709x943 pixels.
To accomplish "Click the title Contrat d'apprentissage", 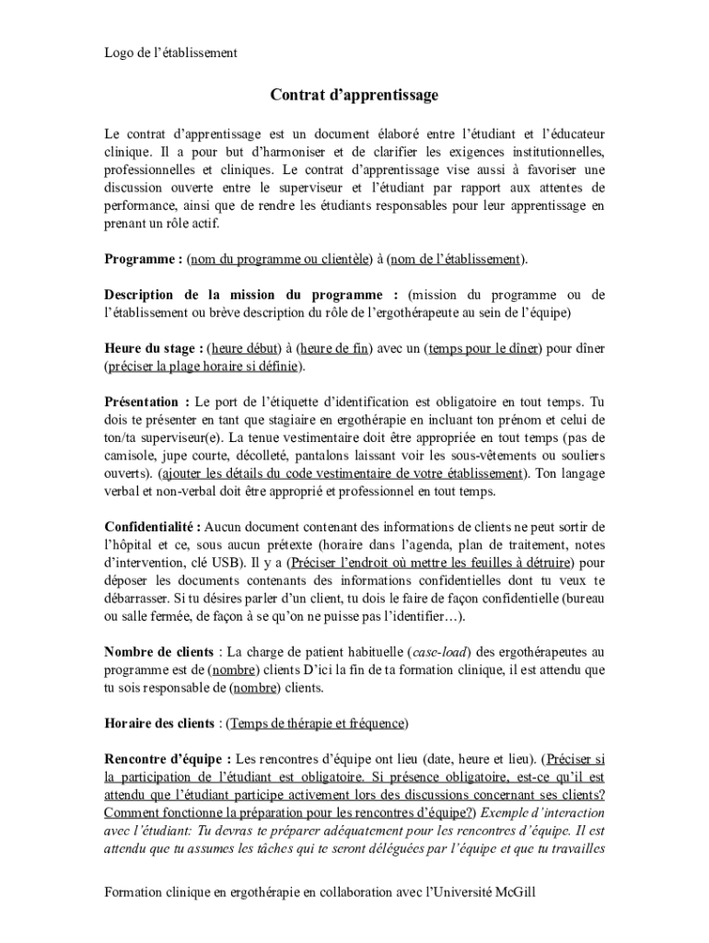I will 354,95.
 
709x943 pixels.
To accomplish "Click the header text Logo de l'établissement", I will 170,52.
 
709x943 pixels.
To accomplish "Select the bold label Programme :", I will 143,260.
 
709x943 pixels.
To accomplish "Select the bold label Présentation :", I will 146,402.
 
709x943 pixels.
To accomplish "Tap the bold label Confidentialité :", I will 152,527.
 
